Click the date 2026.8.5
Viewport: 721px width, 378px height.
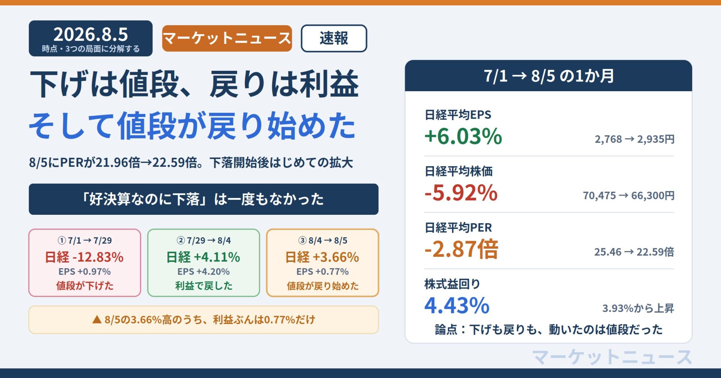point(91,34)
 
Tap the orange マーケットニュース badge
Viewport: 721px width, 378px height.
point(227,38)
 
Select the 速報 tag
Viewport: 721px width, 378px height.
point(334,38)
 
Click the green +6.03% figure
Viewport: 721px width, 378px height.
point(463,136)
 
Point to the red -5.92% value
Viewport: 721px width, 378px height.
point(461,193)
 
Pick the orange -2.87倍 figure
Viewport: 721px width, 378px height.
point(462,249)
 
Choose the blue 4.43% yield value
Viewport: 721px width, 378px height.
point(457,306)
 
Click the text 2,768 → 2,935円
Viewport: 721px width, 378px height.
point(635,139)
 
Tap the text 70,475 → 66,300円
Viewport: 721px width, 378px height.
point(629,195)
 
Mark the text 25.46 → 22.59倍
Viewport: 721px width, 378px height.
point(634,252)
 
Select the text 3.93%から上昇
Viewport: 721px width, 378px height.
point(638,308)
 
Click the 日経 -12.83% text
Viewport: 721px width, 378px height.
point(84,257)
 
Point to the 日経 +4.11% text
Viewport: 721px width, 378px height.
point(203,257)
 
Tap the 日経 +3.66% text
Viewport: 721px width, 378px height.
point(322,257)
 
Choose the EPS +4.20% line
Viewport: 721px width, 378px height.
point(204,271)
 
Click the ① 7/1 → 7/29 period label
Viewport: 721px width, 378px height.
point(84,240)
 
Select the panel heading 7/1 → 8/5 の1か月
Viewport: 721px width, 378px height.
point(549,76)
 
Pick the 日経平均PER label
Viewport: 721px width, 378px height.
point(458,228)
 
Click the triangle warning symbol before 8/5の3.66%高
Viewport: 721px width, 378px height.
point(97,319)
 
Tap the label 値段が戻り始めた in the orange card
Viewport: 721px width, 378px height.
point(323,286)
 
